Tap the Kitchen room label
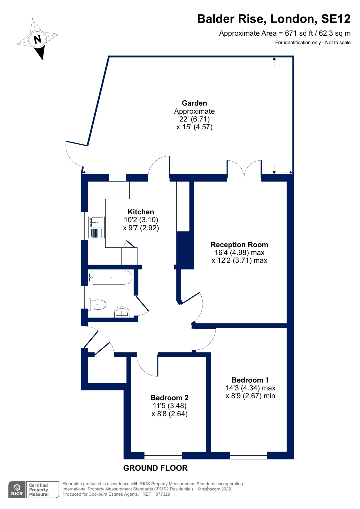pos(141,212)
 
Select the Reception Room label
pos(239,244)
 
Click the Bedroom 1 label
pos(250,380)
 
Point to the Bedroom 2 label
pos(169,398)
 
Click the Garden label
pos(194,103)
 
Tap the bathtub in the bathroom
pos(111,278)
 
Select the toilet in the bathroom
pos(97,305)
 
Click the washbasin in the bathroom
pos(122,312)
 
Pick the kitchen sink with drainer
pos(96,228)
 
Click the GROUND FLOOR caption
pos(155,468)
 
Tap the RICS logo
pos(17,490)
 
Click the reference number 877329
pos(163,494)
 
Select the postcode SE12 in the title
pos(336,19)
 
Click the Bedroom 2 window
pos(163,455)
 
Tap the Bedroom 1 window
pos(248,455)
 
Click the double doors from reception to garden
pos(244,169)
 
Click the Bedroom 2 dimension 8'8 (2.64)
pos(169,414)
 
